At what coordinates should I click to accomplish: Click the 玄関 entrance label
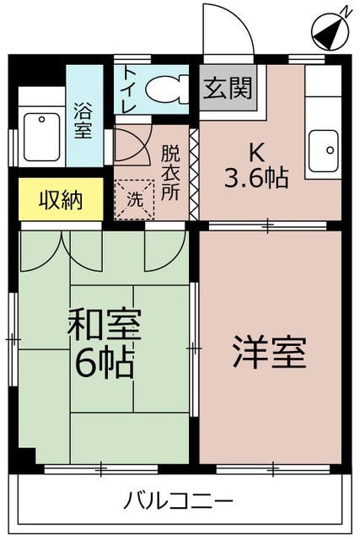[x=228, y=88]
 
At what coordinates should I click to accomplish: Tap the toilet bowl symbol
[x=167, y=89]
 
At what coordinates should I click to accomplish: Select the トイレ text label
[x=129, y=89]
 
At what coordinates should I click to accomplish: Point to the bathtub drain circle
[x=41, y=120]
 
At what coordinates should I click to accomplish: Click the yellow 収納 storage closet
[x=61, y=199]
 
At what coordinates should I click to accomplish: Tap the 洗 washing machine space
[x=135, y=199]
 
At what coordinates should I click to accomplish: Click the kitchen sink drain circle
[x=330, y=150]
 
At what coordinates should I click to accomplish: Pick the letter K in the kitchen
[x=257, y=153]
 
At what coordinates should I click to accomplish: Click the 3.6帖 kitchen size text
[x=256, y=178]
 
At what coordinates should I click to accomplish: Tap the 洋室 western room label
[x=270, y=352]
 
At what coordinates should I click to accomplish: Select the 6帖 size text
[x=105, y=363]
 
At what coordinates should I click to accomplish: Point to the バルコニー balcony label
[x=178, y=501]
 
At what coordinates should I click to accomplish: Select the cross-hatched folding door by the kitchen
[x=194, y=175]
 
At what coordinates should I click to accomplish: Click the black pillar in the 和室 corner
[x=27, y=456]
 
